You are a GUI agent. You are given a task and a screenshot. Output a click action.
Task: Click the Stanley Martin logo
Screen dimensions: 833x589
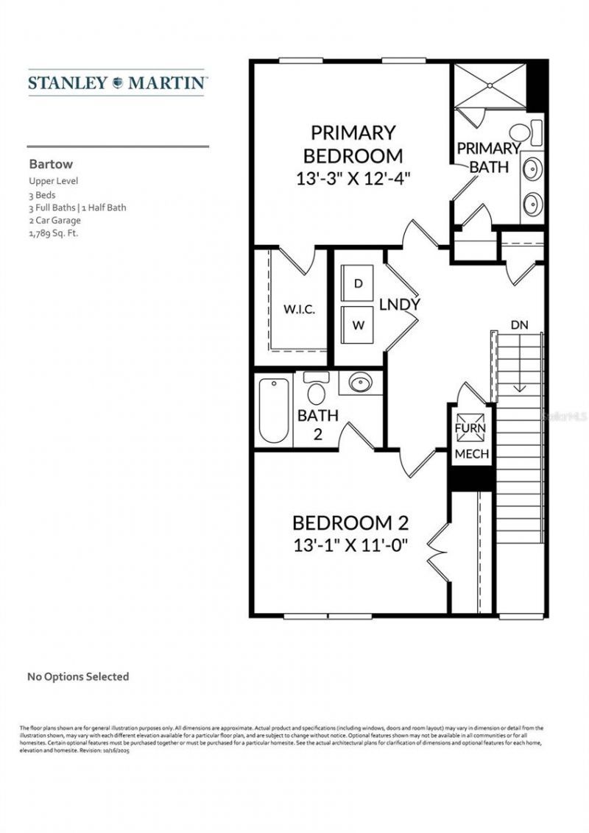[x=117, y=83]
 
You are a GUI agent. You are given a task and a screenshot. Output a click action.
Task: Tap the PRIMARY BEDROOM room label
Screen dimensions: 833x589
[x=353, y=144]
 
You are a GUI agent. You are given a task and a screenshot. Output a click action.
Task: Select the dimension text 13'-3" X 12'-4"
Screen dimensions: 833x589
[x=353, y=177]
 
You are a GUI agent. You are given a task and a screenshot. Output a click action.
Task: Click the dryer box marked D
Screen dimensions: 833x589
[x=359, y=284]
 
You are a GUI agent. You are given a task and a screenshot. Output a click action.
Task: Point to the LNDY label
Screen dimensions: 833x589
[x=400, y=304]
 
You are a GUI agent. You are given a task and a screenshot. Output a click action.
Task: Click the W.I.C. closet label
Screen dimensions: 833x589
[x=300, y=309]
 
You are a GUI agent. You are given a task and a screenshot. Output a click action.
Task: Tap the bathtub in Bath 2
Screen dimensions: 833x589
[x=274, y=410]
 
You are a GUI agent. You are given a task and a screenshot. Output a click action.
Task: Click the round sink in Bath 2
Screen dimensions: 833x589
[x=360, y=383]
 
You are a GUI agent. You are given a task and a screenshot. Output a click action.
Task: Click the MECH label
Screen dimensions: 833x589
[x=471, y=454]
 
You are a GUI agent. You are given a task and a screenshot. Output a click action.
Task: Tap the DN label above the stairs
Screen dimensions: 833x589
[x=518, y=325]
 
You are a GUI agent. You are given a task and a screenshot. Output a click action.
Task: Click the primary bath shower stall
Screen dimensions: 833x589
[x=489, y=87]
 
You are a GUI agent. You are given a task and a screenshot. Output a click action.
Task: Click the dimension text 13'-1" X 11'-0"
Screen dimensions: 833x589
[x=350, y=545]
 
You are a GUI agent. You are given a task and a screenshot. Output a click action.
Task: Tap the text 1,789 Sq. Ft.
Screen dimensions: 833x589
[x=54, y=233]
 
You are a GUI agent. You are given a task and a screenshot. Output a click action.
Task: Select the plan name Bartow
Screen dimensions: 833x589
[x=51, y=165]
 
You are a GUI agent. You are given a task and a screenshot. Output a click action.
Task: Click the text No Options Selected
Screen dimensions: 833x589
[x=78, y=676]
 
